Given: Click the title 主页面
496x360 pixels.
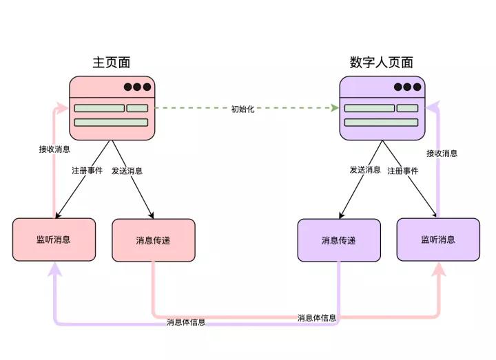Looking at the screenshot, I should tap(112, 63).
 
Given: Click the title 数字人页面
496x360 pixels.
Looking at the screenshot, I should tap(382, 63).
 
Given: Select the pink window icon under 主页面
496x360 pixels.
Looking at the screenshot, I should tap(112, 108).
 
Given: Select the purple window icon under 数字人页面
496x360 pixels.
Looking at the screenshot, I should tap(382, 108).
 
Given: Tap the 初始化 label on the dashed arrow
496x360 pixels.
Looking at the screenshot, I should tap(242, 109).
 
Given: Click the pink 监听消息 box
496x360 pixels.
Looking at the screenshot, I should tap(54, 240).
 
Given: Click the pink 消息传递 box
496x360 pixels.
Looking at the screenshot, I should tap(153, 240).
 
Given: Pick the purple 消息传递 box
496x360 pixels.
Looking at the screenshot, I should tap(339, 240).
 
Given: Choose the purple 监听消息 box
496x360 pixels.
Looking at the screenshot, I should tap(438, 240).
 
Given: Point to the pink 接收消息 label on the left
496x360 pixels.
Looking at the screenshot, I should tap(54, 148).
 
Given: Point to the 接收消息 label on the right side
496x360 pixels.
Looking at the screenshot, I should tap(442, 153).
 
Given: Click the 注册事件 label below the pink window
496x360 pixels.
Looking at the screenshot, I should tap(87, 170).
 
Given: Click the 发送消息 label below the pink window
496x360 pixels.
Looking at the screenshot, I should tap(127, 170).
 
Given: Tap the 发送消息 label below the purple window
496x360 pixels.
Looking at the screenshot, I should tap(365, 169).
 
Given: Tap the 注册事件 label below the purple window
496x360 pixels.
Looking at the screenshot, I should tap(403, 170).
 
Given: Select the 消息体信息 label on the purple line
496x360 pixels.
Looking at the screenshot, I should tap(186, 322).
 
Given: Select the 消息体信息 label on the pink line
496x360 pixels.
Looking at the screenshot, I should tap(317, 318).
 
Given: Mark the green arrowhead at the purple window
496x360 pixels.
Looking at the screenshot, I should tap(335, 109).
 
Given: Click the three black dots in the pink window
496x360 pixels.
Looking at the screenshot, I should tap(136, 87).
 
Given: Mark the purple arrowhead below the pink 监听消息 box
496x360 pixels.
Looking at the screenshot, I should tap(54, 269).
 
